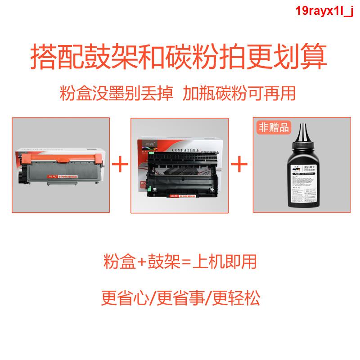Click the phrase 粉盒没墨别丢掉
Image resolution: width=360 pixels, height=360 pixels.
pos(116,94)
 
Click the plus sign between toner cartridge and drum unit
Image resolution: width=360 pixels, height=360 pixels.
pos(120,164)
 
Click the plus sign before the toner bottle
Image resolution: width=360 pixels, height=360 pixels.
pos(239,164)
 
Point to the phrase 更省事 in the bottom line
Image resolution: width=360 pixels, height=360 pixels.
pos(180,297)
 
